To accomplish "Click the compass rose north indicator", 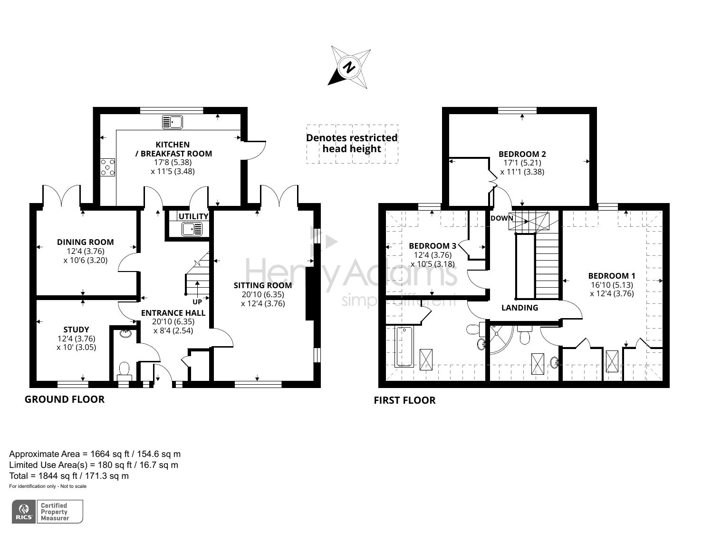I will pyautogui.click(x=350, y=67).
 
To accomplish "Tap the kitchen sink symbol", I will pyautogui.click(x=173, y=122).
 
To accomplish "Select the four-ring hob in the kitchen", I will pyautogui.click(x=107, y=167).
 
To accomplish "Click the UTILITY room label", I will pyautogui.click(x=193, y=216).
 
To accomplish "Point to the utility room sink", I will pyautogui.click(x=192, y=229).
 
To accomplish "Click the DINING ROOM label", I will pyautogui.click(x=86, y=242).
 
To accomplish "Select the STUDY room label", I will pyautogui.click(x=76, y=330).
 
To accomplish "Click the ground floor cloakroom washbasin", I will pyautogui.click(x=125, y=333).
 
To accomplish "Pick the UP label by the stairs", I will pyautogui.click(x=197, y=301).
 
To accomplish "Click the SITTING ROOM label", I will pyautogui.click(x=263, y=285).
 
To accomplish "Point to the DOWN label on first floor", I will pyautogui.click(x=502, y=218).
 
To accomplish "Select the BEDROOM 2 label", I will pyautogui.click(x=522, y=154).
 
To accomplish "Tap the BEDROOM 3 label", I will pyautogui.click(x=433, y=246).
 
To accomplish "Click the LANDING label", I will pyautogui.click(x=519, y=308).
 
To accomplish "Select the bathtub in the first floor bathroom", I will pyautogui.click(x=404, y=347).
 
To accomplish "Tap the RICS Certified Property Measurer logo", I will pyautogui.click(x=48, y=512).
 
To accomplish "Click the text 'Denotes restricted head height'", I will pyautogui.click(x=352, y=143).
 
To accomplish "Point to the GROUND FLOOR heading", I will pyautogui.click(x=65, y=399).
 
